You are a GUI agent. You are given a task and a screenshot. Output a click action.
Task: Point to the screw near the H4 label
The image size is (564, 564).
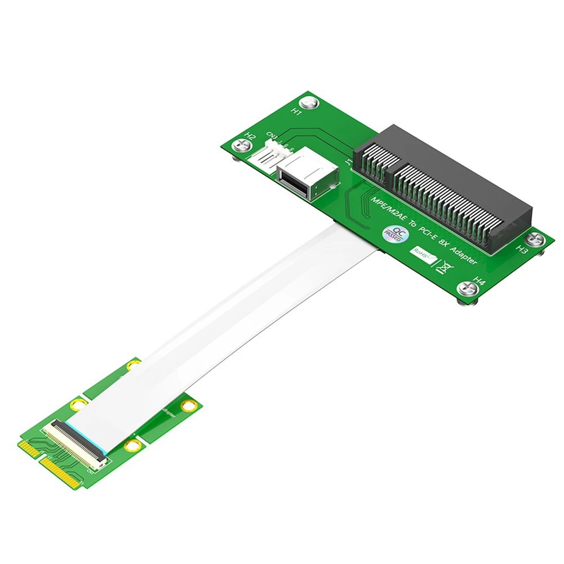[467, 288]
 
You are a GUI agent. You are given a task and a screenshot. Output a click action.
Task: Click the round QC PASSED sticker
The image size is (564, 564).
[392, 233]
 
